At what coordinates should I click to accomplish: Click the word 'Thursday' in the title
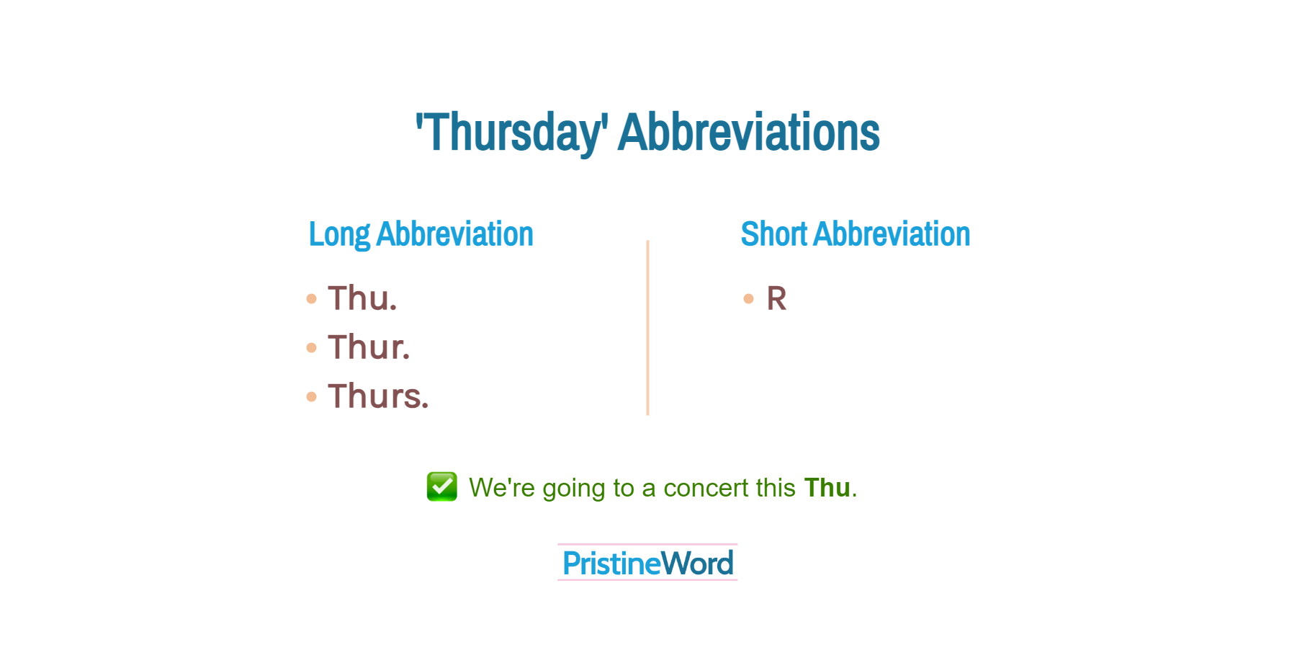click(512, 133)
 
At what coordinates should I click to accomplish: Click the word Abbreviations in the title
click(749, 132)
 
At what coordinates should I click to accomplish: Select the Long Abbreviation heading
click(421, 234)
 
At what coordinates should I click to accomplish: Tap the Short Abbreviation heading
click(856, 234)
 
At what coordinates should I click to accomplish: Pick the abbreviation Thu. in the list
click(362, 298)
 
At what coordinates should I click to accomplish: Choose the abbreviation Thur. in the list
click(369, 347)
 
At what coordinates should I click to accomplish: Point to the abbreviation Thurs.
click(378, 396)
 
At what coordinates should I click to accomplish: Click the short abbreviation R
click(776, 298)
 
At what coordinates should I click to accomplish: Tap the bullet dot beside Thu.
click(311, 298)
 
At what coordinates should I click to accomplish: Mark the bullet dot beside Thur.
click(311, 347)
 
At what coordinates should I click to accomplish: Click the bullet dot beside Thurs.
click(311, 396)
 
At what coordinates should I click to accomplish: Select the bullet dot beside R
click(749, 298)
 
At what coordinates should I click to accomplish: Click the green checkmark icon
click(442, 486)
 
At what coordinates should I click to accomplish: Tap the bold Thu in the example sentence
click(827, 488)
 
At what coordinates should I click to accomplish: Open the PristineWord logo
click(647, 563)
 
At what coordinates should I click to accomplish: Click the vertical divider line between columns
click(648, 328)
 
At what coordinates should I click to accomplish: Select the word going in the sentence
click(574, 489)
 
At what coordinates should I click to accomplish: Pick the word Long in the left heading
click(339, 235)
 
